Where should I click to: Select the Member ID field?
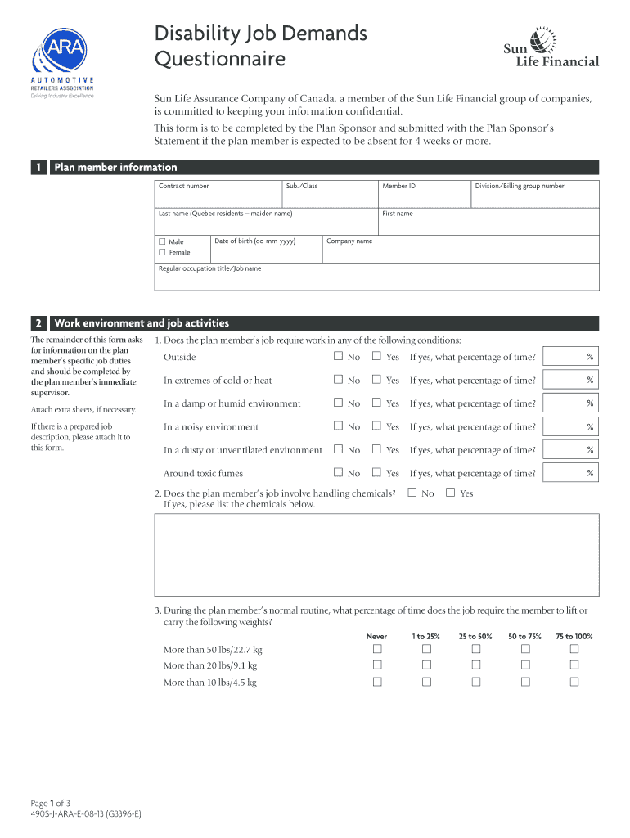[x=423, y=195]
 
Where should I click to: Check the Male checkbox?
[x=162, y=241]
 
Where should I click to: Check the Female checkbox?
[x=162, y=252]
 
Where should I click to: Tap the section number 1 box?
[x=38, y=168]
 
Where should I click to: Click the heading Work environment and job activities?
[x=142, y=323]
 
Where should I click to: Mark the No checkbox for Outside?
[x=338, y=357]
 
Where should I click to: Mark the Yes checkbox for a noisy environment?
[x=377, y=426]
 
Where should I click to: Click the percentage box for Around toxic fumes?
[x=570, y=473]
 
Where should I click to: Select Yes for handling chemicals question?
[x=450, y=493]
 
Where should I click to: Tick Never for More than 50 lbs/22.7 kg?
[x=377, y=649]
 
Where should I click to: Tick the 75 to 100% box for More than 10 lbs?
[x=574, y=682]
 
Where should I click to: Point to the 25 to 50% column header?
[x=475, y=636]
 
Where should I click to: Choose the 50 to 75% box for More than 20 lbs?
[x=525, y=665]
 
